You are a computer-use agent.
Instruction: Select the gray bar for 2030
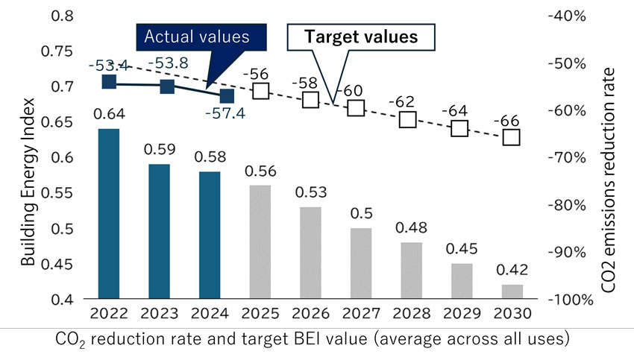point(512,291)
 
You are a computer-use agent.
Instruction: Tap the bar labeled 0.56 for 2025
point(260,242)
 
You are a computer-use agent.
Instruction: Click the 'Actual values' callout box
point(195,37)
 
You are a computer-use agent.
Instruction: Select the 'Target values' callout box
point(362,37)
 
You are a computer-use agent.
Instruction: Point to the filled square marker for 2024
point(227,96)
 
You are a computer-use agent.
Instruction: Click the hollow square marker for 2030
point(512,137)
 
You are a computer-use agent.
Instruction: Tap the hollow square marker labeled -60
point(357,109)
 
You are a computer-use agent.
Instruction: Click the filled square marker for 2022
point(109,82)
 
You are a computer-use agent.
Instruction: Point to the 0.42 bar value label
point(512,270)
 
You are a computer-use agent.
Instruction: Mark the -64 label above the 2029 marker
point(460,111)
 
